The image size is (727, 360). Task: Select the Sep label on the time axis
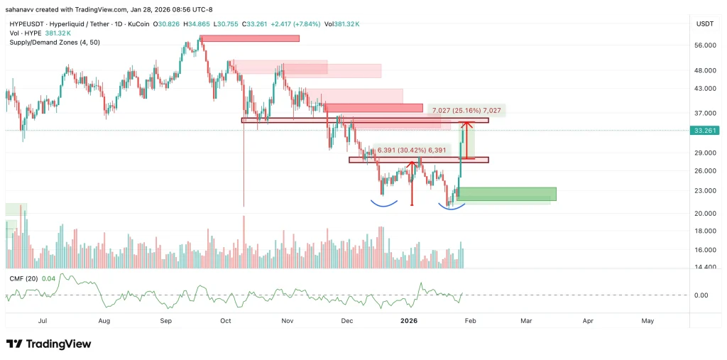[165, 321]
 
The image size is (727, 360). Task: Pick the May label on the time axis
[647, 321]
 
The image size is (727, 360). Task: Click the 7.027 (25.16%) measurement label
[466, 111]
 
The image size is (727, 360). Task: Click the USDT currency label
[704, 24]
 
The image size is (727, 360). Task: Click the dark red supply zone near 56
[250, 38]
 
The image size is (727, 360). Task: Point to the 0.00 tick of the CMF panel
[701, 295]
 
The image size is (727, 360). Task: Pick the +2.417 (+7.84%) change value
[298, 24]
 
